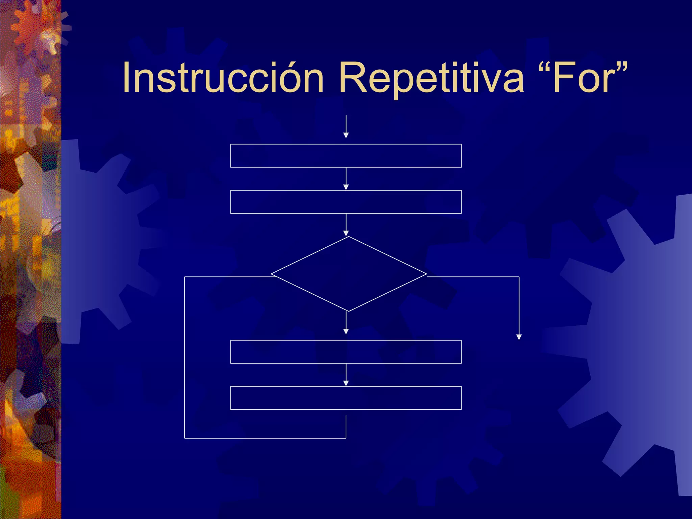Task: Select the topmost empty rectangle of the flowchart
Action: click(346, 156)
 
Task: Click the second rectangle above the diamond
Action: click(346, 202)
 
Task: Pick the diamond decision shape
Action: click(348, 274)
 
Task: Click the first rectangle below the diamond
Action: click(346, 352)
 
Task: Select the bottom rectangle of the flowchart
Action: click(346, 398)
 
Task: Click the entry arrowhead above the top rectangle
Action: click(346, 135)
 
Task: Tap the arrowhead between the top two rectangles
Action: click(346, 187)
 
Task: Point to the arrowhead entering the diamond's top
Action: click(346, 233)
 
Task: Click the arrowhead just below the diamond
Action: click(346, 332)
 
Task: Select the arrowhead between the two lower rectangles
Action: click(346, 383)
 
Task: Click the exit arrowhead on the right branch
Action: click(519, 337)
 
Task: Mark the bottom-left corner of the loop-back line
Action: click(184, 438)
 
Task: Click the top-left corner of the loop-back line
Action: click(184, 277)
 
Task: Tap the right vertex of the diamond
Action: click(426, 274)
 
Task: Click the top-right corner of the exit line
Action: click(519, 277)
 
